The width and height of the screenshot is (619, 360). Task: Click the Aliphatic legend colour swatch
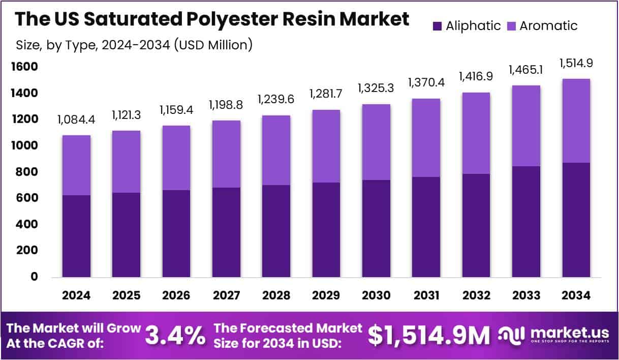tap(437, 26)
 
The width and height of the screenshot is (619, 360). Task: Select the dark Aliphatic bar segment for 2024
tap(76, 236)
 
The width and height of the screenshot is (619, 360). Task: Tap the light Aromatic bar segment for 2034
tap(576, 121)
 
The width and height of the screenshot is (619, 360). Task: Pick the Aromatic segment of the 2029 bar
tap(326, 146)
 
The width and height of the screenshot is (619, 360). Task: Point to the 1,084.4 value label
tap(76, 121)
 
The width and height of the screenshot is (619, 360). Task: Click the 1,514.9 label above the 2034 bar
tap(576, 64)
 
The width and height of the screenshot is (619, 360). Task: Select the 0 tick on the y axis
tap(35, 277)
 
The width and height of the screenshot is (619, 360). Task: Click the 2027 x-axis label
tap(226, 295)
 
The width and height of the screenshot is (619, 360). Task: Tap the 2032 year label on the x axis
tap(476, 295)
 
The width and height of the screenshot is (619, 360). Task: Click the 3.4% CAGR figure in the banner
tap(175, 335)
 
